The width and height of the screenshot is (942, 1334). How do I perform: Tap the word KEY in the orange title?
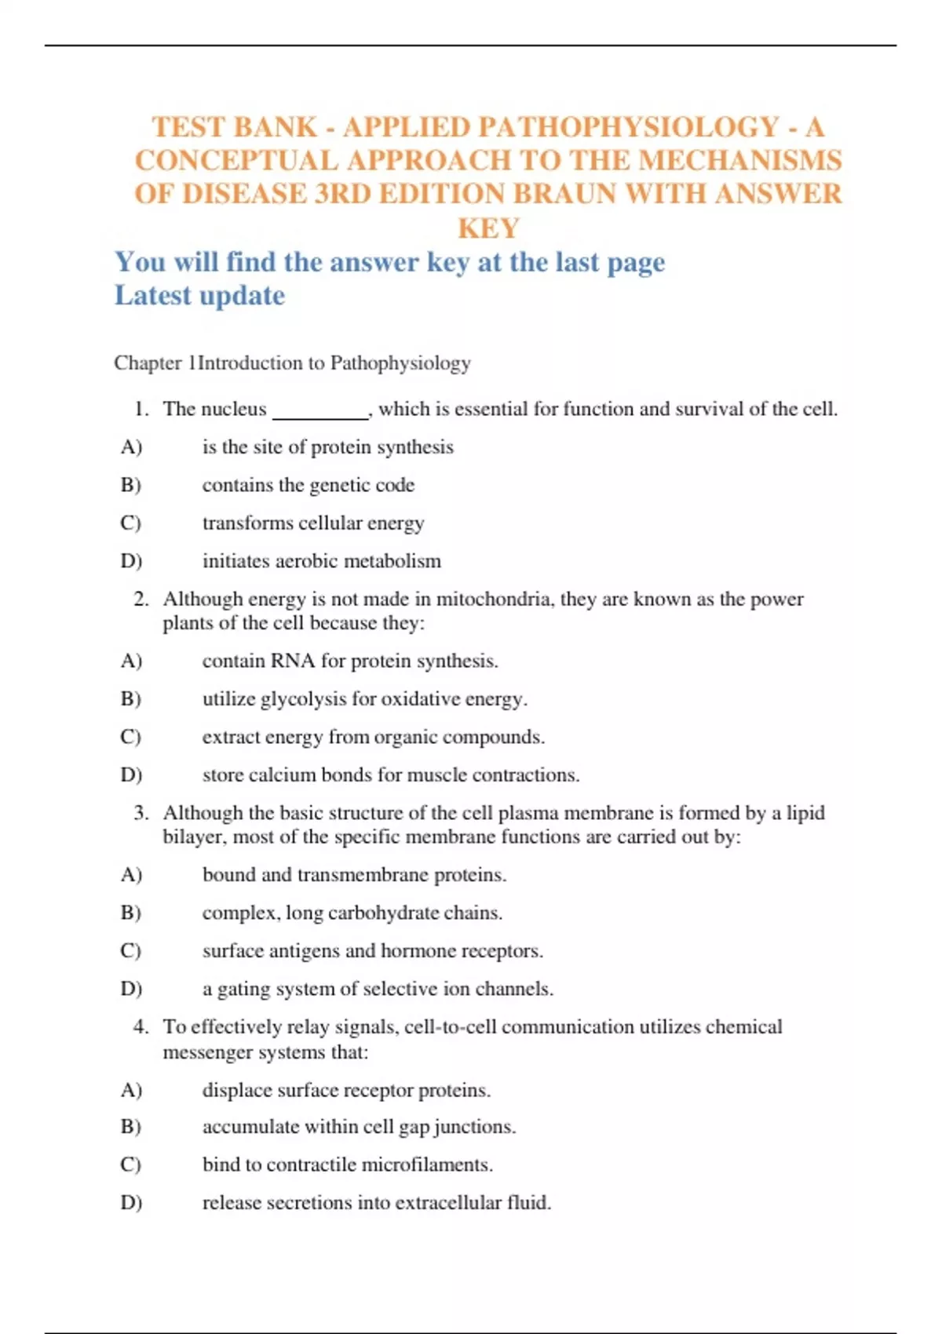[488, 228]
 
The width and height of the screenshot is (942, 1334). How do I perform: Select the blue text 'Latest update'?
[199, 296]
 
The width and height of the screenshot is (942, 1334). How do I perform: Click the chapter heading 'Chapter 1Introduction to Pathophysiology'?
[292, 363]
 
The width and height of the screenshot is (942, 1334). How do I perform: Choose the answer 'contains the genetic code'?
[308, 485]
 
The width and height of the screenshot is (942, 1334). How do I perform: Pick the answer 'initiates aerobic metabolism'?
[321, 561]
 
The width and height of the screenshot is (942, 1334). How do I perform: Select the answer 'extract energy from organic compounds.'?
[373, 737]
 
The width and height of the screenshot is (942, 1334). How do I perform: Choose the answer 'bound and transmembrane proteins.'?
[354, 874]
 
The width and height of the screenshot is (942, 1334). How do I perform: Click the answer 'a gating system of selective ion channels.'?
[378, 989]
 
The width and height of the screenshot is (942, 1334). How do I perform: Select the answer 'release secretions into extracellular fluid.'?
[377, 1202]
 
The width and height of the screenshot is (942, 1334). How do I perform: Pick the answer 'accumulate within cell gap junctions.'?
[359, 1127]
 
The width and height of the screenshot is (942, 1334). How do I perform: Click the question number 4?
[141, 1026]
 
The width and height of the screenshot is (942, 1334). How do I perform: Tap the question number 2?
[141, 600]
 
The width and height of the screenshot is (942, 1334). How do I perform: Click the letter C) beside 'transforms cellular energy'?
[130, 523]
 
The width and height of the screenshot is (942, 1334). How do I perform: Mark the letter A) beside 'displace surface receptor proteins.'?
[131, 1090]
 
